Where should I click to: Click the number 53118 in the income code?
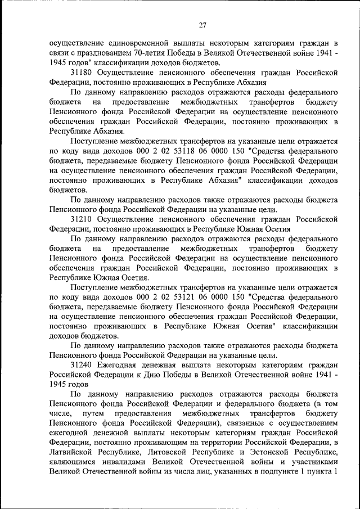click(x=178, y=152)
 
